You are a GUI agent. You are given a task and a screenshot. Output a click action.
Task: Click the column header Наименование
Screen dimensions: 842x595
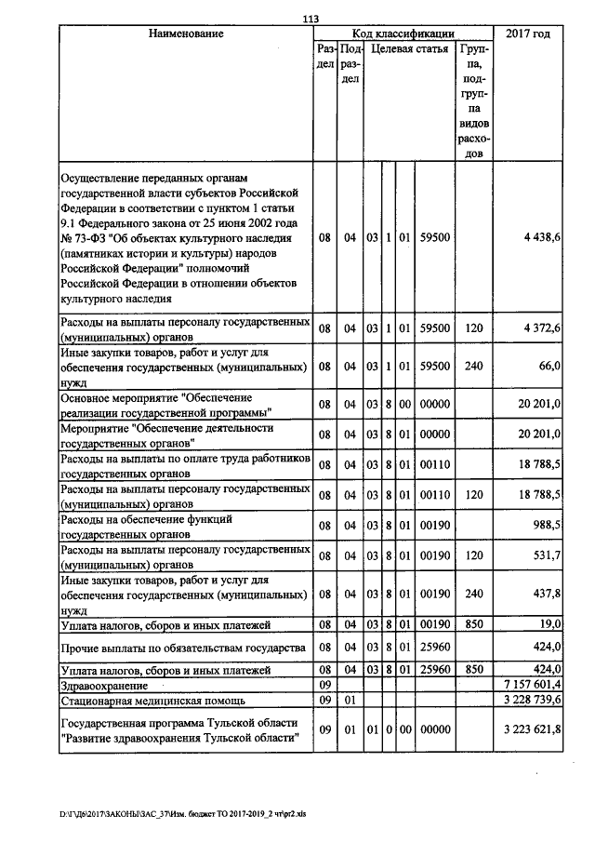tap(186, 33)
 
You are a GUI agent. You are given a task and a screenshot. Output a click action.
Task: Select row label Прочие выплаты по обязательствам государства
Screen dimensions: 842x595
tap(182, 647)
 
